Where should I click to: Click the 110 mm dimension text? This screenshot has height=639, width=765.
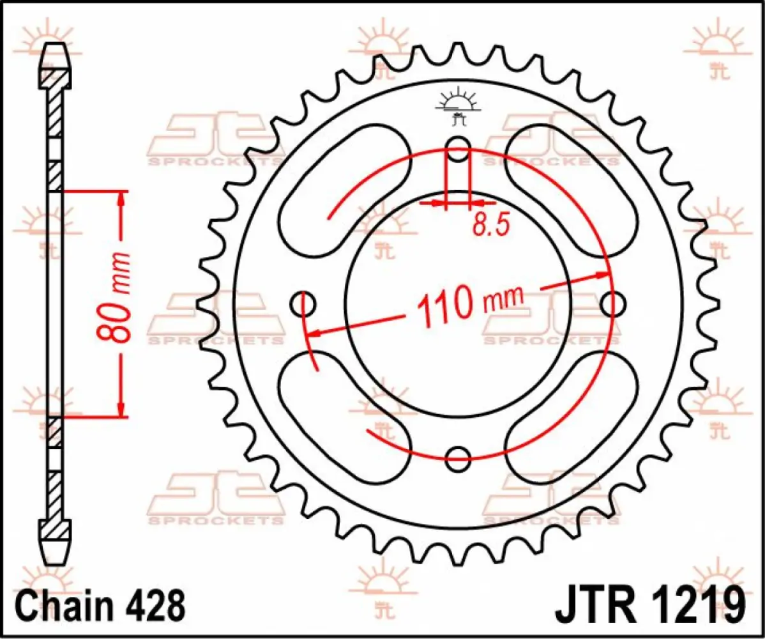click(469, 302)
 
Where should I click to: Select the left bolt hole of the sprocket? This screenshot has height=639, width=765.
click(305, 304)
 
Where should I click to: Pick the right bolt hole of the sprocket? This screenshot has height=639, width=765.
click(612, 304)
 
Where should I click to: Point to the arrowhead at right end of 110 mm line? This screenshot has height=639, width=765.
click(603, 275)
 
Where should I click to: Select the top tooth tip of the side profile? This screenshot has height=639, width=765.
click(55, 48)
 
